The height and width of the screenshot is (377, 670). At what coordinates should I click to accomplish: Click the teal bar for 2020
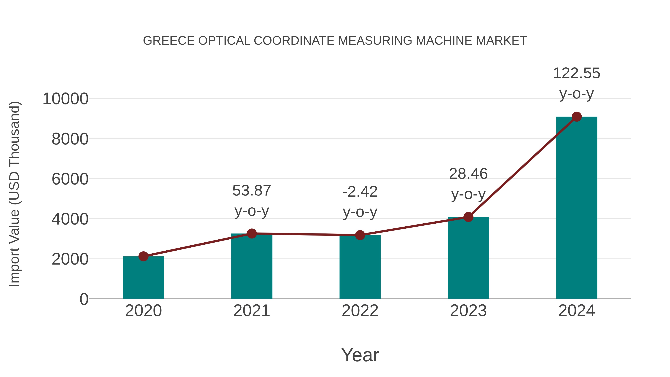coord(143,278)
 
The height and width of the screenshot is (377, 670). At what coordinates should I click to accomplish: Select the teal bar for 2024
coord(577,208)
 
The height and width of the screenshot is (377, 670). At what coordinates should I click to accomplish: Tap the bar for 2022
coord(360,268)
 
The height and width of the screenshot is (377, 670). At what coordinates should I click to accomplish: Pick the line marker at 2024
coord(577,117)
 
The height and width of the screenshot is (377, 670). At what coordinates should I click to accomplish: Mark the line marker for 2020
coord(143,256)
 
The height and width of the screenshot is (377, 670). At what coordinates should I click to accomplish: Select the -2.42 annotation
coord(360,192)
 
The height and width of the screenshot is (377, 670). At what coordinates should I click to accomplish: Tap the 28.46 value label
coord(468,174)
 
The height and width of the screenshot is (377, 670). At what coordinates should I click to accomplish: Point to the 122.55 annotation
coord(577,73)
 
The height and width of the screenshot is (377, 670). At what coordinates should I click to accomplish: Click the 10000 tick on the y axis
coord(66,99)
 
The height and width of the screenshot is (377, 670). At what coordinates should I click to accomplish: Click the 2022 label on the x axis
coord(360,311)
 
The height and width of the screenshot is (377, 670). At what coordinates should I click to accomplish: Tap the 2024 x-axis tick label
coord(577,311)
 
